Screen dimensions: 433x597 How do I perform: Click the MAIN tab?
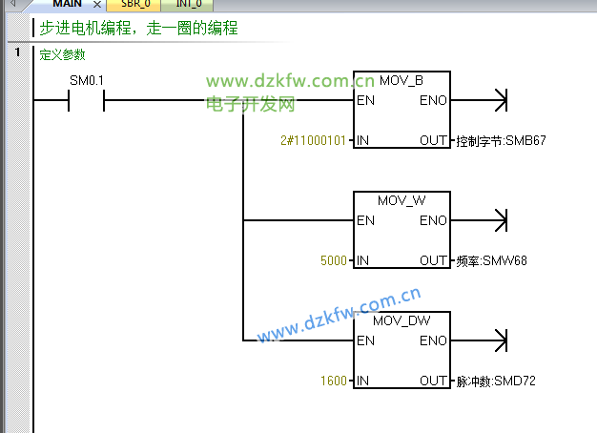tap(67, 4)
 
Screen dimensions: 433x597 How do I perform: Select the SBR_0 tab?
tap(134, 4)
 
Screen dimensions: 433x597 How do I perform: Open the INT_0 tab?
tap(188, 4)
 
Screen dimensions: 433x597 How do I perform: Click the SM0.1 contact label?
tap(87, 80)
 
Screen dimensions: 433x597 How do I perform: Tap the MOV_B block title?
tap(401, 79)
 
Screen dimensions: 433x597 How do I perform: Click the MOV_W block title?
tap(401, 200)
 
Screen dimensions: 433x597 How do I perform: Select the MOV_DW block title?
tap(401, 320)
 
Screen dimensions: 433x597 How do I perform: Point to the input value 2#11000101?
tap(313, 140)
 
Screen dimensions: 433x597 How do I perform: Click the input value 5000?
tap(334, 260)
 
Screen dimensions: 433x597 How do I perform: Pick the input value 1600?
tap(334, 381)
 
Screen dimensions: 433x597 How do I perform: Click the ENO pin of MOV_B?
tap(432, 100)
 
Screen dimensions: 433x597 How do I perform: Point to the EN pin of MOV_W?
tap(365, 220)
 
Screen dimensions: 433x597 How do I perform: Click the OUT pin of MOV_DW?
tap(433, 381)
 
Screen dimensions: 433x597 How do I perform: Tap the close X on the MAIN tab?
tap(96, 5)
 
